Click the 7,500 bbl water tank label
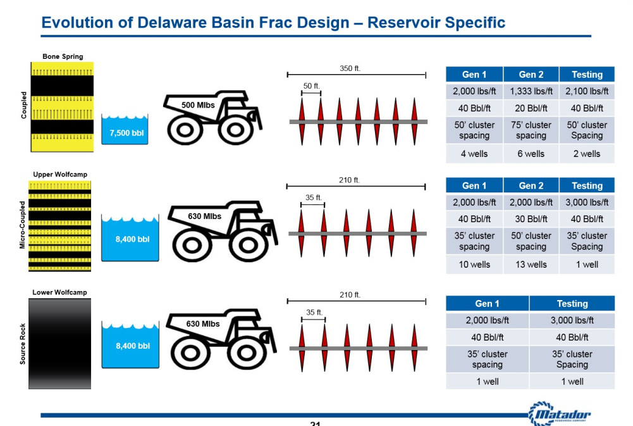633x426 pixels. [x=126, y=133]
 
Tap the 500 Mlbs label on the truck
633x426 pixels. [x=198, y=105]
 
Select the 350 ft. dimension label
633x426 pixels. [x=350, y=68]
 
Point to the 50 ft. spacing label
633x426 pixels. [x=311, y=85]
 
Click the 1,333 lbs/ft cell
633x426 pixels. [x=531, y=91]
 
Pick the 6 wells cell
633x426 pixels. [x=531, y=154]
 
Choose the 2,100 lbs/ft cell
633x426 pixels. [x=587, y=91]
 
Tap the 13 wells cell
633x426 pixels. [x=531, y=265]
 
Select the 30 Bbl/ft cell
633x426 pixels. [x=531, y=219]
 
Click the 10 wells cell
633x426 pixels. [x=474, y=265]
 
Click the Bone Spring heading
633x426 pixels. [x=63, y=56]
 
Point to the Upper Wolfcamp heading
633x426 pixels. [x=60, y=175]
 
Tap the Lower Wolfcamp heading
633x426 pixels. [x=59, y=292]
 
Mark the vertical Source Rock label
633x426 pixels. [x=23, y=344]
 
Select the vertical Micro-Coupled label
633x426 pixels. [x=23, y=225]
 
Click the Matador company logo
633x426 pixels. [x=560, y=413]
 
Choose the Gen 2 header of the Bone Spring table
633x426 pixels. [x=531, y=75]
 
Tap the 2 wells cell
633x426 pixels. [x=587, y=154]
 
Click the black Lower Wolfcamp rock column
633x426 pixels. [x=59, y=344]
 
